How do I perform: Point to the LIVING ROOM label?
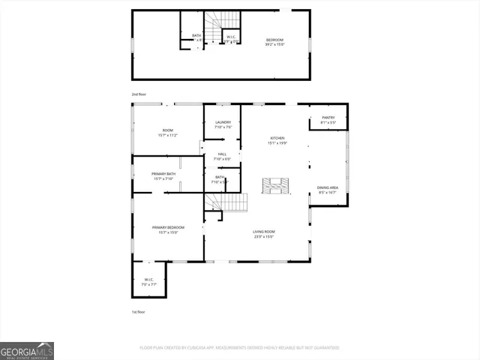(263, 234)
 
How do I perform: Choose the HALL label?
(222, 156)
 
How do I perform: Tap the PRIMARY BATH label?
(163, 175)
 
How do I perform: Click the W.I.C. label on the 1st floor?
(148, 282)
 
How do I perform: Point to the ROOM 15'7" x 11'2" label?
(167, 133)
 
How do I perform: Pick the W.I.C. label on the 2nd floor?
(231, 37)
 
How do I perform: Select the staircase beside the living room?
(228, 202)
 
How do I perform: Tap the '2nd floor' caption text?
(139, 94)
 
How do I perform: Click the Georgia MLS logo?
(27, 350)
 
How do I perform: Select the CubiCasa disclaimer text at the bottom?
(239, 348)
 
